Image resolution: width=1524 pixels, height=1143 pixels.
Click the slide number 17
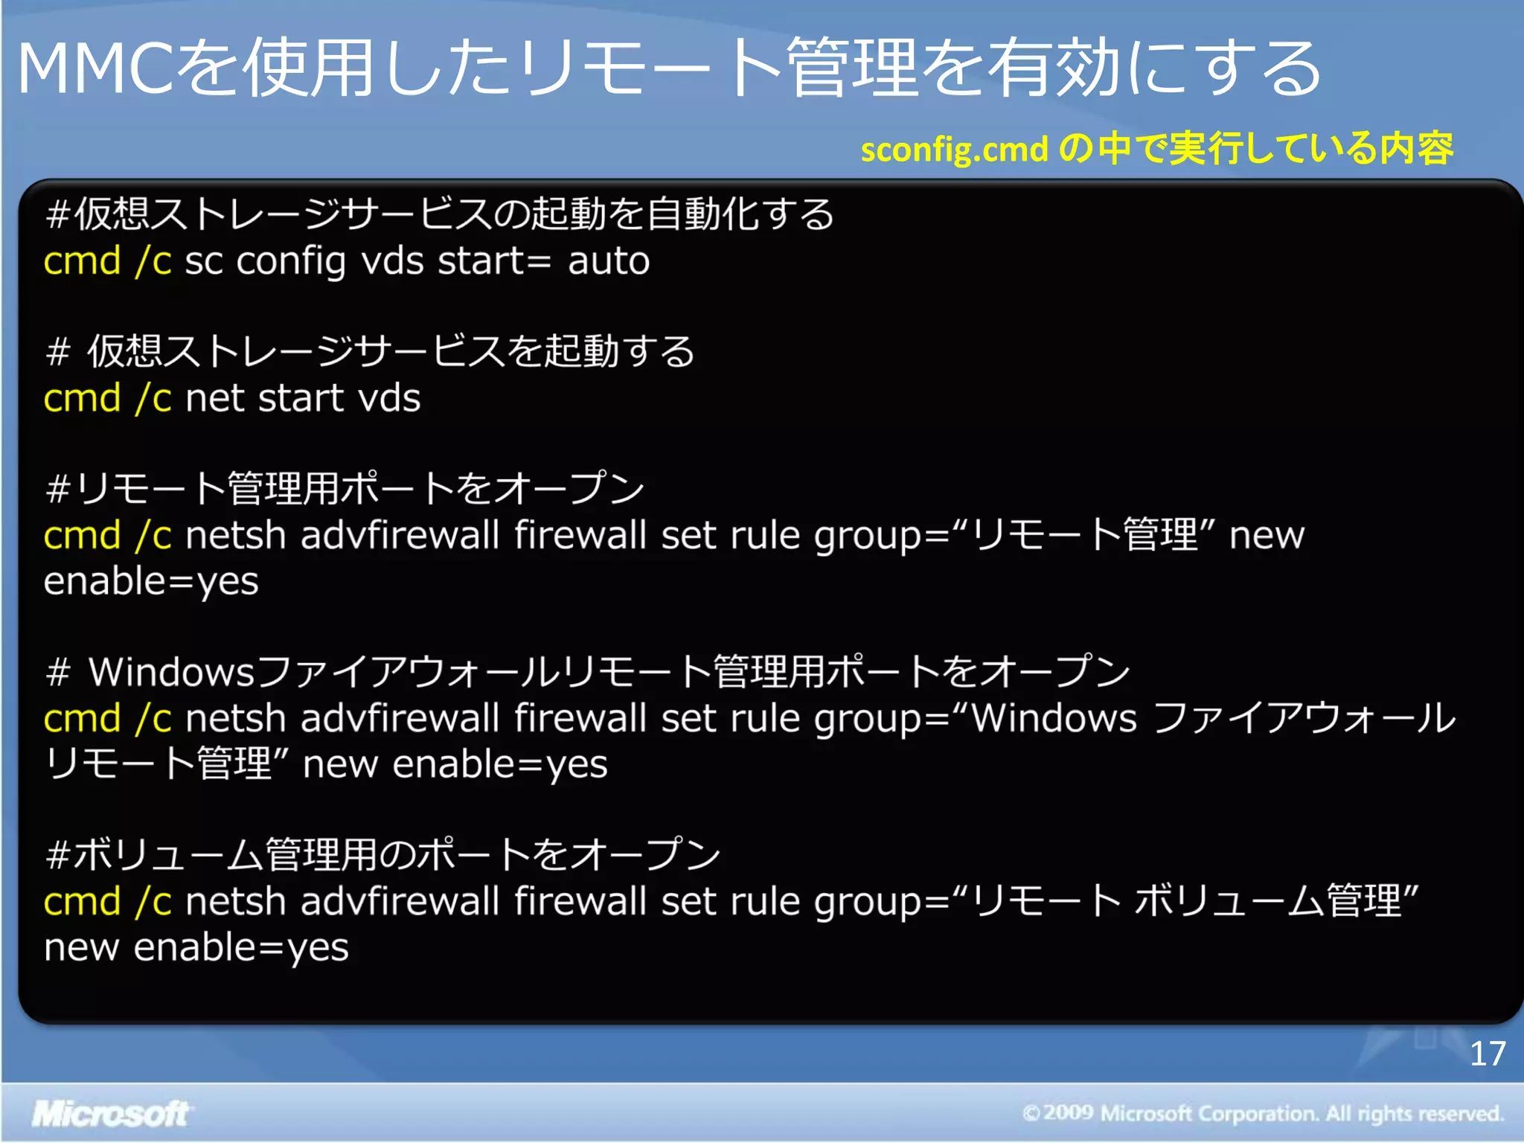(1487, 1054)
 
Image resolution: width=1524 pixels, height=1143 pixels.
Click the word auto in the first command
(609, 261)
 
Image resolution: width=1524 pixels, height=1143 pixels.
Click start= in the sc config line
(494, 261)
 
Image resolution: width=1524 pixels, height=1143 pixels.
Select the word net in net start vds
(214, 398)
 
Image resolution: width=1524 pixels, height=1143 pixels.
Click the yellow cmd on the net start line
(82, 398)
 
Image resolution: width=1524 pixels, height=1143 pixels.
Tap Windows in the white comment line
(172, 672)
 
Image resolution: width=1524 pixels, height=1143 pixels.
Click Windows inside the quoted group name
(1054, 718)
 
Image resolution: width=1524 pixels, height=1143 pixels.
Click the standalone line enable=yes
(151, 582)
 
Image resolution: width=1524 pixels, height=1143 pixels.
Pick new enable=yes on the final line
(196, 948)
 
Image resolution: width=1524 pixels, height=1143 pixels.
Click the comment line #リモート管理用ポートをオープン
(345, 489)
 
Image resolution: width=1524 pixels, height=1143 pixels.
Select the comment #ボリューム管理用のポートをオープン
(382, 854)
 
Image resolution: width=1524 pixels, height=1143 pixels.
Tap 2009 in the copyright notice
(1068, 1112)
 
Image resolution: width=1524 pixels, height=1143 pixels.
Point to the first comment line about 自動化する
(439, 214)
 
